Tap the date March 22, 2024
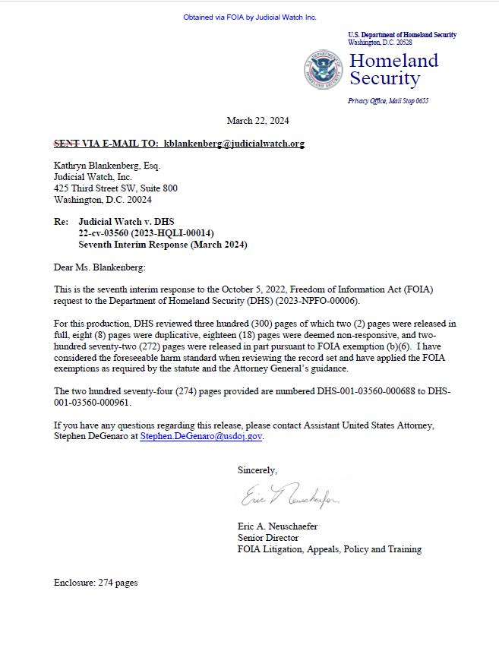[x=257, y=121]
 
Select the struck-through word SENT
[x=66, y=144]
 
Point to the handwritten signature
[x=291, y=498]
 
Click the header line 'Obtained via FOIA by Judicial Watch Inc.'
[x=250, y=17]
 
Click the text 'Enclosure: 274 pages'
[x=96, y=583]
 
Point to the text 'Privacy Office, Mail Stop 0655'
[x=388, y=101]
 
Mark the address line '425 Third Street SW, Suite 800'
[x=115, y=188]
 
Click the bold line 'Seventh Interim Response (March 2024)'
[x=163, y=245]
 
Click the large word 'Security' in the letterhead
[x=384, y=78]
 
